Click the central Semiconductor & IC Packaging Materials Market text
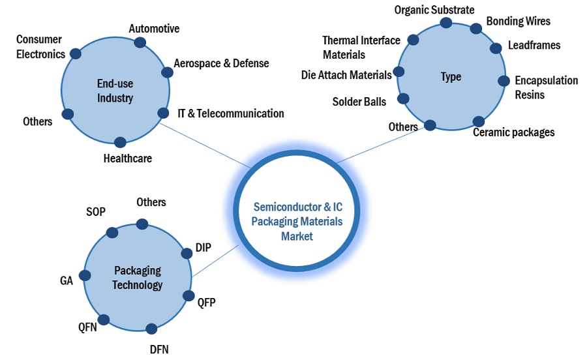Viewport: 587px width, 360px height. [x=297, y=221]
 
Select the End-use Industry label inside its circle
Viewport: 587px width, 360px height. [x=115, y=91]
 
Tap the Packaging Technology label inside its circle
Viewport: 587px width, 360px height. [x=137, y=277]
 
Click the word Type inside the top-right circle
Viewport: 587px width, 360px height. [x=451, y=77]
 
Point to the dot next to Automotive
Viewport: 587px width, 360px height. [x=140, y=42]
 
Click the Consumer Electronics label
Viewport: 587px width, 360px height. [x=40, y=47]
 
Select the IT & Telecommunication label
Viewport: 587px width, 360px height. [x=231, y=113]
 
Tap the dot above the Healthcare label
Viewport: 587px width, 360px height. [x=119, y=142]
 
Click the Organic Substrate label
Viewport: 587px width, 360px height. [x=434, y=10]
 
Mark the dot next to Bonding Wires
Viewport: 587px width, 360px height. [x=476, y=29]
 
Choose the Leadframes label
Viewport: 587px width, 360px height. [x=534, y=46]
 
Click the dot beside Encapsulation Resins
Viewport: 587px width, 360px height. [x=504, y=81]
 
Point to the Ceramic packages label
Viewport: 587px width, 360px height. [x=513, y=132]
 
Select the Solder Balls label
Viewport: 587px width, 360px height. [x=359, y=102]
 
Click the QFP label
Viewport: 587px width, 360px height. [x=206, y=303]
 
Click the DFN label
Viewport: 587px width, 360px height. [x=159, y=349]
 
